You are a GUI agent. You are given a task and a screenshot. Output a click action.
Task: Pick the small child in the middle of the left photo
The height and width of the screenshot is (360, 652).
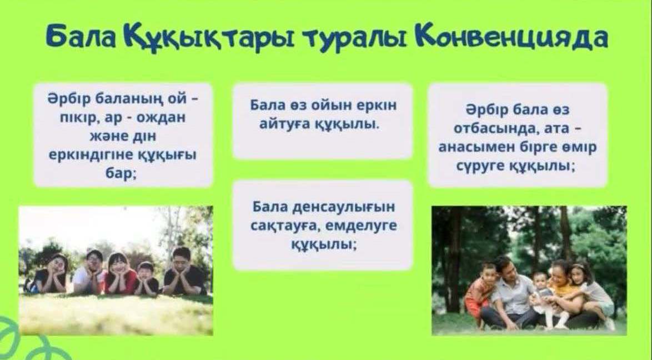click(x=147, y=279)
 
